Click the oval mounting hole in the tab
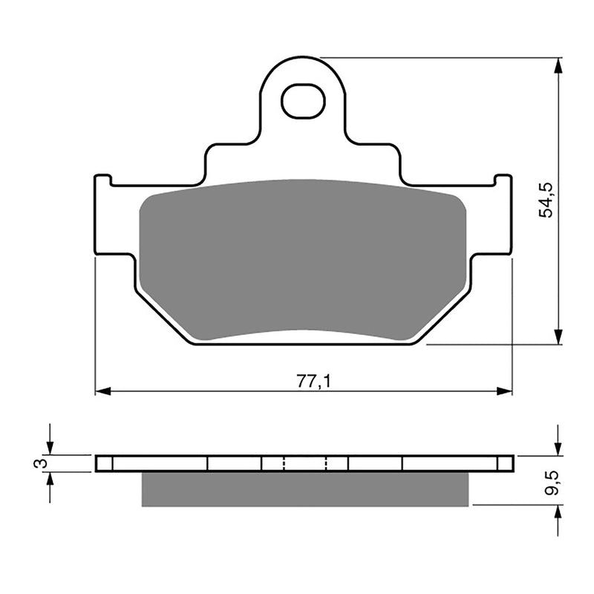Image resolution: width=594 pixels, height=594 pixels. tap(303, 102)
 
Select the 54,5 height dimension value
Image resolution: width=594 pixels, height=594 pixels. tap(546, 200)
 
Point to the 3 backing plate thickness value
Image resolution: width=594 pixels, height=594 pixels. tap(42, 463)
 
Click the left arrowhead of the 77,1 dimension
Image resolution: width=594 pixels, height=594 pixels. tap(102, 391)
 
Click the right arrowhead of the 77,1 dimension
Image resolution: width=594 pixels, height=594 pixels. tap(506, 391)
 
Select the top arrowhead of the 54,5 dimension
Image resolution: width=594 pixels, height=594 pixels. tap(558, 65)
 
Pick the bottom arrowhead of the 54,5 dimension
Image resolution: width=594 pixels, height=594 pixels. tap(558, 337)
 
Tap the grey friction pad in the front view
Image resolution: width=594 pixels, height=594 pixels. tap(303, 260)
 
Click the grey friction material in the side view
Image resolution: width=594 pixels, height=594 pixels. tap(304, 490)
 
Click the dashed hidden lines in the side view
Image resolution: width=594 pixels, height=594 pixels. tap(304, 463)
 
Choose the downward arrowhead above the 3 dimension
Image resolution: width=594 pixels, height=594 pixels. tap(50, 448)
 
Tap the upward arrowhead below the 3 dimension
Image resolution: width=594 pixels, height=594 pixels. tap(50, 479)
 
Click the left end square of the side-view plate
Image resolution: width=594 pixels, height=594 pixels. tap(105, 463)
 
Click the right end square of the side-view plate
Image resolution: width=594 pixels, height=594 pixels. tap(505, 463)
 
